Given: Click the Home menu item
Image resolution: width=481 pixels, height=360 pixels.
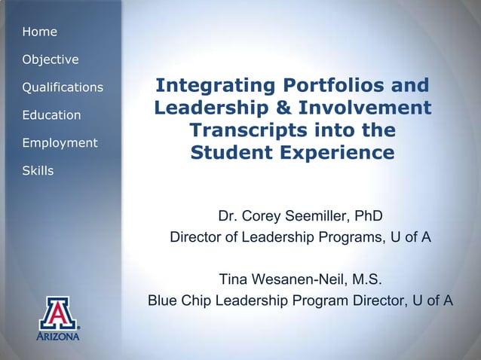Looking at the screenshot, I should pyautogui.click(x=40, y=32).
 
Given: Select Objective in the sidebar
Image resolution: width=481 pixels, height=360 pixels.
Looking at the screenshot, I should pyautogui.click(x=51, y=59).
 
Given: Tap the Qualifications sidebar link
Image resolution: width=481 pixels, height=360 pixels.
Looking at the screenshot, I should pyautogui.click(x=63, y=87).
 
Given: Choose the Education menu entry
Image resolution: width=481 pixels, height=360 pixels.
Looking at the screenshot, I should pyautogui.click(x=52, y=115).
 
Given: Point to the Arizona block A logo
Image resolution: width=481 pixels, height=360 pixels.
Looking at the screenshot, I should pyautogui.click(x=60, y=314).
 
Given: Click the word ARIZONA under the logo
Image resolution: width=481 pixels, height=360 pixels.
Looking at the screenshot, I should pyautogui.click(x=60, y=337).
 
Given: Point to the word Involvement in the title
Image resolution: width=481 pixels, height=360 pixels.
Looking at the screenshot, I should pyautogui.click(x=368, y=108).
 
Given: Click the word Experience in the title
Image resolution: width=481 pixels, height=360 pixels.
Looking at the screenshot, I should pyautogui.click(x=342, y=153).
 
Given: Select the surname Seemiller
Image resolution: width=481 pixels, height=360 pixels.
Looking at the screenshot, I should pyautogui.click(x=317, y=217).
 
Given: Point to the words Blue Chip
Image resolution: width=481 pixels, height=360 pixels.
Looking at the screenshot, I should pyautogui.click(x=179, y=301).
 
